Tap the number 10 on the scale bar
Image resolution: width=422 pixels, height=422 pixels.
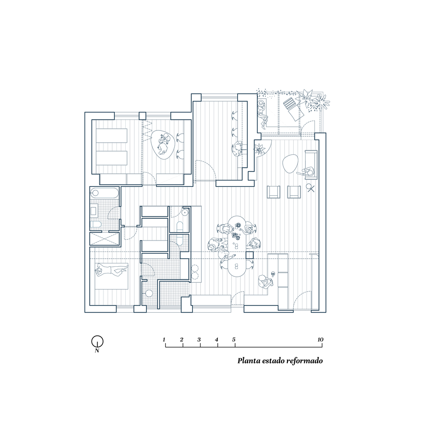pos(320,340)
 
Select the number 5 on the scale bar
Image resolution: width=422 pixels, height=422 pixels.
pos(234,340)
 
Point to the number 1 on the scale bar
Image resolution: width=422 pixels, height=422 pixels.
pos(164,340)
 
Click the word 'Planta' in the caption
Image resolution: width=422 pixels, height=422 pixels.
pos(247,361)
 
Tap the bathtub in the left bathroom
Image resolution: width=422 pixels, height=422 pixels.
pos(104,193)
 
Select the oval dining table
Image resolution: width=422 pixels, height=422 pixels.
pos(237,246)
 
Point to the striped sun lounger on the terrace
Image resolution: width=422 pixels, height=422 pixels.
pos(293,108)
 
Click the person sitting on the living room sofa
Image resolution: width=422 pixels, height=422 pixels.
pos(307,172)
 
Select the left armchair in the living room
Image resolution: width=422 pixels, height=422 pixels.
pos(273,192)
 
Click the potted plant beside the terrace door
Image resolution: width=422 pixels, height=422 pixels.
pos(260,149)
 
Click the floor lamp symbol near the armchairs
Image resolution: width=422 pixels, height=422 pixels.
pos(310,188)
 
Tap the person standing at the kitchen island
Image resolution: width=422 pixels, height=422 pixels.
pos(264,282)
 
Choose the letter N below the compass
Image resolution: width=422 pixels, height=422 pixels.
pos(97,350)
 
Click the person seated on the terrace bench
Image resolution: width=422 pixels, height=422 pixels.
pos(262,113)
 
